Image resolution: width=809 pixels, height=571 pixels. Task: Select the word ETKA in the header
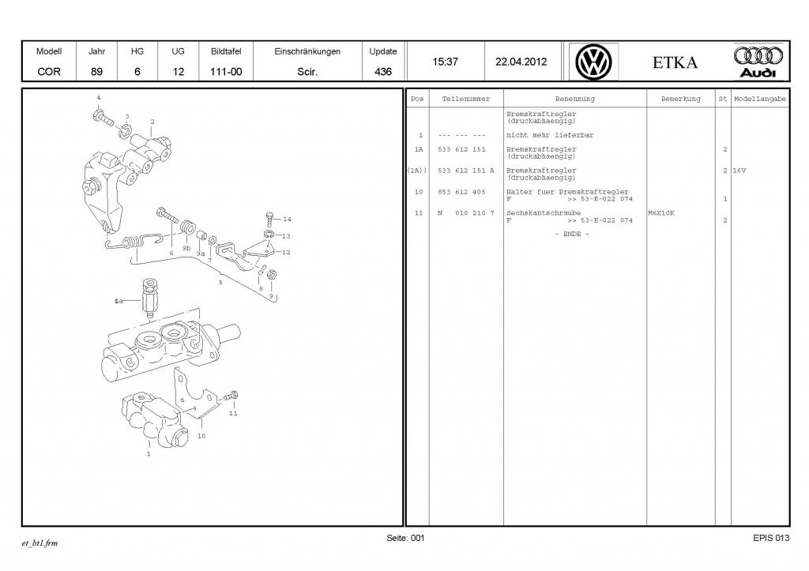[x=675, y=62]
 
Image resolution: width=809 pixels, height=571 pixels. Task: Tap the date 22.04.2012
[x=521, y=62]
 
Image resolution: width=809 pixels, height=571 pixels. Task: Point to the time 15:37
[x=445, y=62]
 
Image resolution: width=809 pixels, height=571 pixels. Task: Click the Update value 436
[x=383, y=71]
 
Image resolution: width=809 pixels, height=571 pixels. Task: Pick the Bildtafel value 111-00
[x=226, y=71]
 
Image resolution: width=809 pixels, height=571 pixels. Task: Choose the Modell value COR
[x=49, y=71]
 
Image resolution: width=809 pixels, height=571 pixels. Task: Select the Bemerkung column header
[x=680, y=100]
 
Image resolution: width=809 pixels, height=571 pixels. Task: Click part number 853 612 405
[x=461, y=192]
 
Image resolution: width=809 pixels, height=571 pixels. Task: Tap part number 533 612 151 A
[x=465, y=171]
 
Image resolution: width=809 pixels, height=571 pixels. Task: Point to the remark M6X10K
[x=661, y=213]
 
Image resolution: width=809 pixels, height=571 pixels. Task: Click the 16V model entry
[x=739, y=171]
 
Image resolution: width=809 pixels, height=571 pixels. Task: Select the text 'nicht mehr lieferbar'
[x=539, y=135]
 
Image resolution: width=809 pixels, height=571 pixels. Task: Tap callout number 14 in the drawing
[x=286, y=220]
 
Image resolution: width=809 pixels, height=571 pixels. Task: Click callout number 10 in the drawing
[x=201, y=435]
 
